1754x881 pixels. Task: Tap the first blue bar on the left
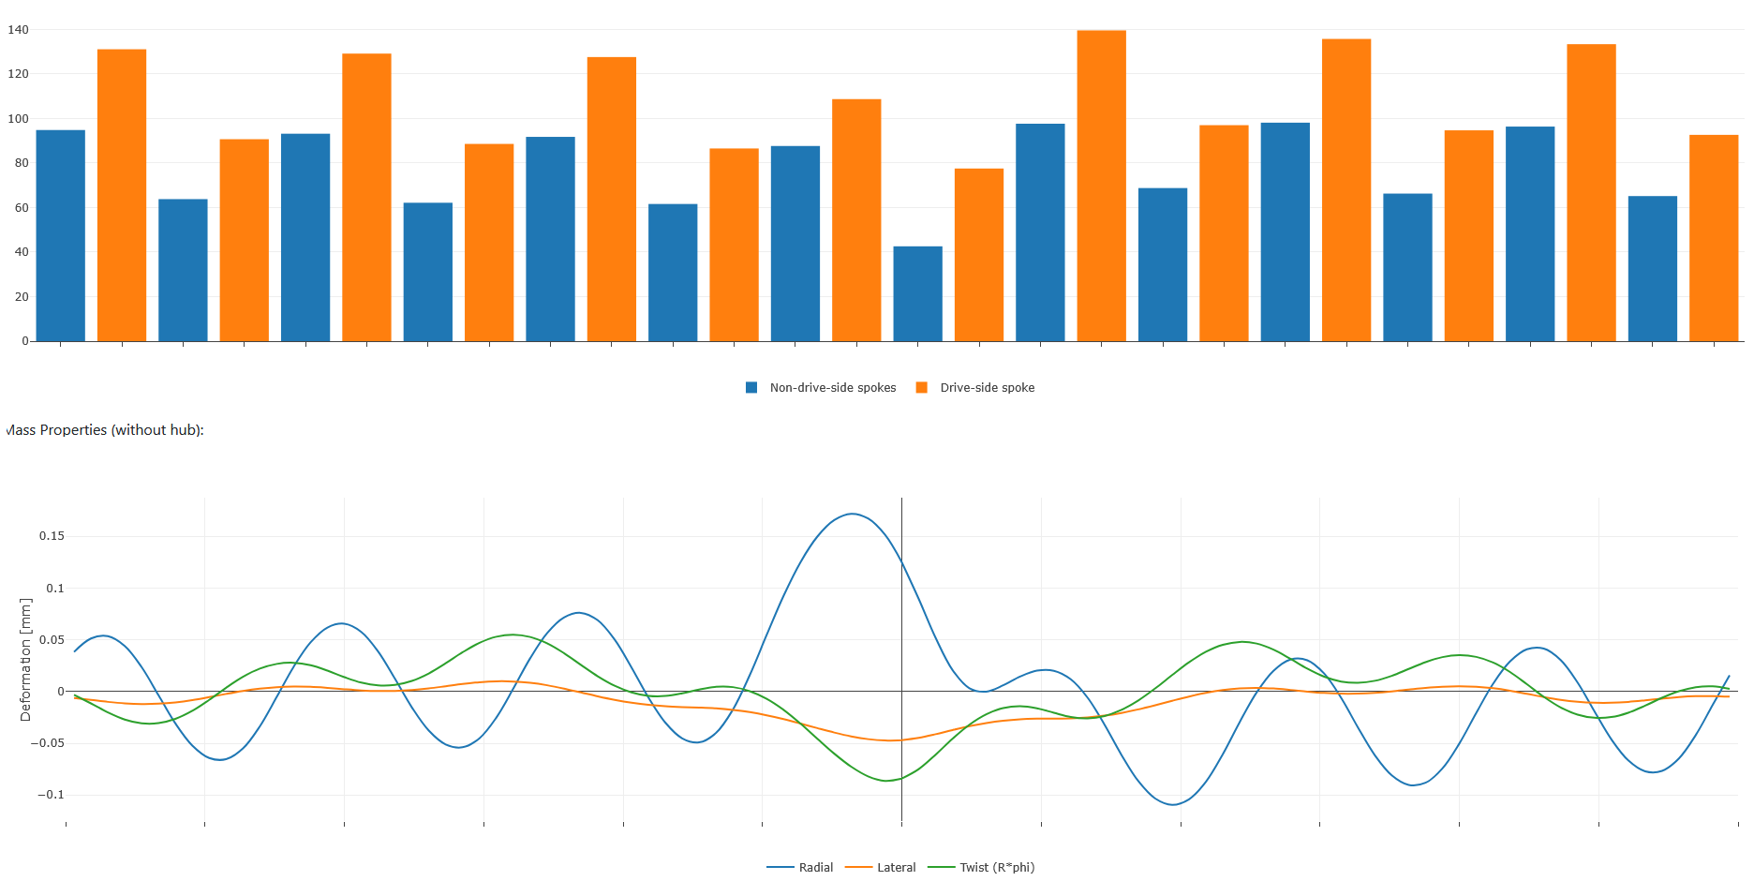click(61, 235)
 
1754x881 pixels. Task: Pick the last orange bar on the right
click(1713, 238)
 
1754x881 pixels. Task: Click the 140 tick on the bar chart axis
click(19, 30)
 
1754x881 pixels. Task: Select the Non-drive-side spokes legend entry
click(832, 388)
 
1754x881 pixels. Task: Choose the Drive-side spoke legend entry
click(987, 388)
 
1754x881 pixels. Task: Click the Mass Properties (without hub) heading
click(105, 430)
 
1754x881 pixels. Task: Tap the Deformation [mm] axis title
click(25, 660)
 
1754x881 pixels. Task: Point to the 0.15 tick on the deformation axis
click(52, 536)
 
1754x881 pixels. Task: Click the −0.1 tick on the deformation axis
click(52, 795)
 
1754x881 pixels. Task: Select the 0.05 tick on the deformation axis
click(52, 640)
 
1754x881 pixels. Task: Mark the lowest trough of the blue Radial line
click(1173, 804)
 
